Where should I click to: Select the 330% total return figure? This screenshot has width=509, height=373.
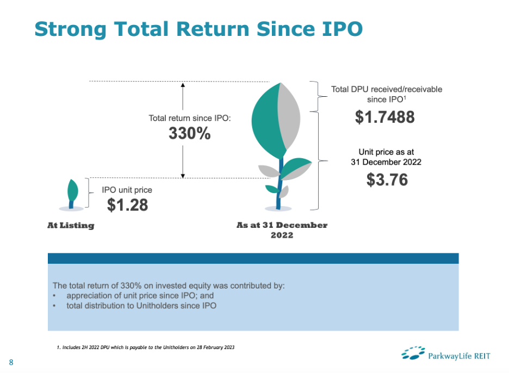pyautogui.click(x=190, y=133)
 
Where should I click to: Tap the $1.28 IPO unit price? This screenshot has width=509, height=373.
pyautogui.click(x=128, y=205)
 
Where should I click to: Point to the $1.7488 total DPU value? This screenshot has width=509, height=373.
pyautogui.click(x=384, y=117)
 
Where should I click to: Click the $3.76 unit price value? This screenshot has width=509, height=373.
pyautogui.click(x=387, y=179)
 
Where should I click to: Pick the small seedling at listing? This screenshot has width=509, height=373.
pyautogui.click(x=72, y=195)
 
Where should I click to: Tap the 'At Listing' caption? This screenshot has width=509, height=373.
pyautogui.click(x=71, y=225)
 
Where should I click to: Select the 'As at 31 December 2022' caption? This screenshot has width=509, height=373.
pyautogui.click(x=282, y=230)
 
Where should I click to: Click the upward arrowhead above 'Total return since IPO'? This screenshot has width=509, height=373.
pyautogui.click(x=183, y=85)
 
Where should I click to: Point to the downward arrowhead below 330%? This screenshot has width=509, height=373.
pyautogui.click(x=183, y=176)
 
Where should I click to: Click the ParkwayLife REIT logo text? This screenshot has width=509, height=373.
pyautogui.click(x=459, y=356)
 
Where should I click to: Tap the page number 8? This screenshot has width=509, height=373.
pyautogui.click(x=11, y=362)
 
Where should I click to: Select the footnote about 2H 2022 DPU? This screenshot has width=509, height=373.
pyautogui.click(x=145, y=347)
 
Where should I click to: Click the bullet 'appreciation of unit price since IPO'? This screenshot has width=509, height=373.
pyautogui.click(x=140, y=295)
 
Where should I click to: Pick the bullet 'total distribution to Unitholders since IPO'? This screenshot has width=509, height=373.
pyautogui.click(x=141, y=306)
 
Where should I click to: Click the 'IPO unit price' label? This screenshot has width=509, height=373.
pyautogui.click(x=127, y=190)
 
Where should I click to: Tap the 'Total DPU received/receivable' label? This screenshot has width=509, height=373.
pyautogui.click(x=387, y=89)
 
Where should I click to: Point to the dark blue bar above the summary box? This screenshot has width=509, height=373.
pyautogui.click(x=253, y=258)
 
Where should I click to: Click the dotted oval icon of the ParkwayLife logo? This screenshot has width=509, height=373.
pyautogui.click(x=413, y=353)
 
